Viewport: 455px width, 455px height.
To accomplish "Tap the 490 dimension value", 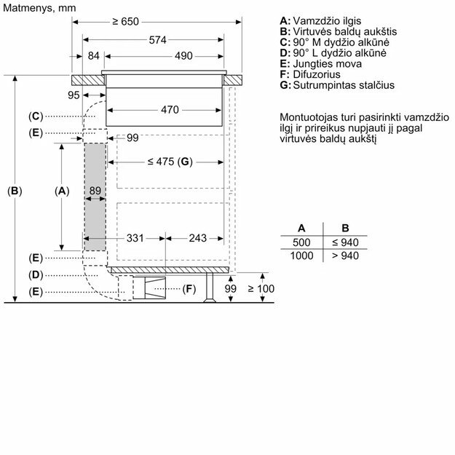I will point(183,56).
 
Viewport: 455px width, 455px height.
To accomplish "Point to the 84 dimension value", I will point(94,56).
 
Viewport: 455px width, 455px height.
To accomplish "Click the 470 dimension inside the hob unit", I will point(169,111).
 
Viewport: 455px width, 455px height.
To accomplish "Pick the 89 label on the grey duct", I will point(95,191).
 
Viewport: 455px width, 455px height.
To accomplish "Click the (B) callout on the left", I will point(15,191).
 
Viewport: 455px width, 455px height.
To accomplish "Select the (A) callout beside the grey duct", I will point(62,191).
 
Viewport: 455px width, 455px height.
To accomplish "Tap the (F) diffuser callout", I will point(189,290).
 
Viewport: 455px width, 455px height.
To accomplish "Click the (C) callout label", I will point(36,116).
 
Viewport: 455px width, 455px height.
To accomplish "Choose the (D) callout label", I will point(36,274).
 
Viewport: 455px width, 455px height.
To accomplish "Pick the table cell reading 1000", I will point(301,256).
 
